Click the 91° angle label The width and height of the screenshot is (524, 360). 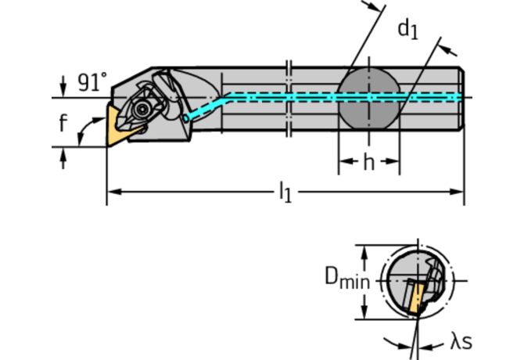click(x=92, y=82)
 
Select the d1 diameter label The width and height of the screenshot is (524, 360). click(x=407, y=30)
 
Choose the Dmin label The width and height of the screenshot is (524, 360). click(x=346, y=277)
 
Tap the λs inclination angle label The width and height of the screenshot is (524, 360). click(x=461, y=341)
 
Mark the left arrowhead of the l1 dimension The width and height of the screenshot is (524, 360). click(x=111, y=190)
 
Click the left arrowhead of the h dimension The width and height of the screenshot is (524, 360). click(x=343, y=165)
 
